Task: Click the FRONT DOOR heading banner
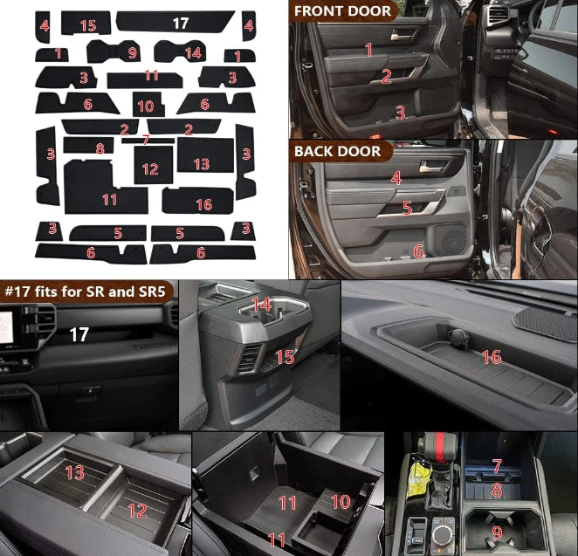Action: pos(343,11)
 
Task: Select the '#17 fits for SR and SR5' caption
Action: pos(86,292)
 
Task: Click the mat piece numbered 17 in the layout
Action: pos(175,21)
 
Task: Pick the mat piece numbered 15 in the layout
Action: pos(86,23)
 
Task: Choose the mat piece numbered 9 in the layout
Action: pos(114,51)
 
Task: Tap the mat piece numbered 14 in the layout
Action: pos(180,51)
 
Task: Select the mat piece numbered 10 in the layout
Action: pos(148,104)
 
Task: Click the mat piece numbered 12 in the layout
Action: pos(154,165)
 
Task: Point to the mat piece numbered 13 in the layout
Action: pos(205,154)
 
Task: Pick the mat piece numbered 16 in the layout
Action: pos(197,201)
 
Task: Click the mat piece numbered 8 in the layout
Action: pos(88,145)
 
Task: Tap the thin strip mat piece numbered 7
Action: pos(148,141)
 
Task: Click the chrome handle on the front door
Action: pos(401,37)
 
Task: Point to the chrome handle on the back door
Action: pos(430,168)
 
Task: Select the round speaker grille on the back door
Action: pos(451,239)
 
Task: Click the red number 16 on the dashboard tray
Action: pos(492,357)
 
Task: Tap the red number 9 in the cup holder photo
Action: pos(498,532)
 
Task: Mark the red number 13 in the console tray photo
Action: pos(75,472)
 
